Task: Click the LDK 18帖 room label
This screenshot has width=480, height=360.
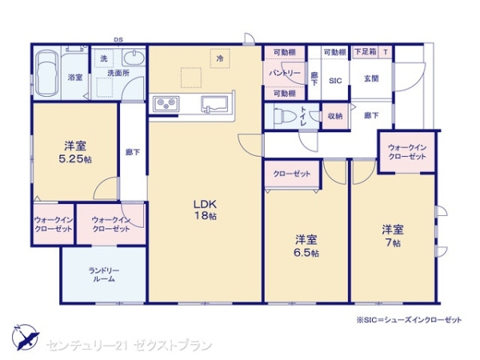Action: [205, 209]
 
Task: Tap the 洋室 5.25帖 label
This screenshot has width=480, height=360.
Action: [77, 152]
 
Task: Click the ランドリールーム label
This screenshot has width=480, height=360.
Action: [104, 274]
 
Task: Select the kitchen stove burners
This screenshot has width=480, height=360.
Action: [167, 103]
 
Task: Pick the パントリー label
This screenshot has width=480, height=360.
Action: [285, 73]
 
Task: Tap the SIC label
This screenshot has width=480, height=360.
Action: [335, 80]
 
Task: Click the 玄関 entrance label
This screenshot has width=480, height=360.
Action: [372, 78]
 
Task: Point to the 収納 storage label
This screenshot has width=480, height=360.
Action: [334, 116]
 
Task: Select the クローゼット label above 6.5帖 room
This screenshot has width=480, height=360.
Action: [292, 173]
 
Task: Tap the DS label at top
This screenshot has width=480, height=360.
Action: [118, 39]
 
